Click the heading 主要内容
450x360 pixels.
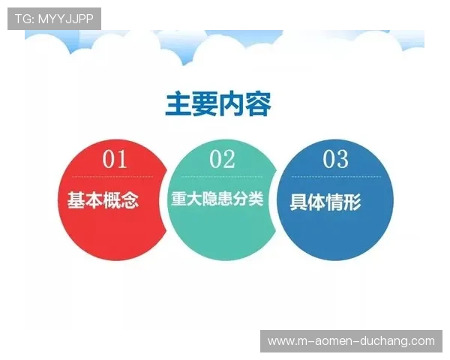pos(217,105)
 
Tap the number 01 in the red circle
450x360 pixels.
pos(115,159)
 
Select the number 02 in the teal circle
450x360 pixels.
pos(222,159)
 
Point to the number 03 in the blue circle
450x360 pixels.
pos(335,159)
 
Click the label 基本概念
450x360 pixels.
pos(103,200)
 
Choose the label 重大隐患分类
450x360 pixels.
pos(218,199)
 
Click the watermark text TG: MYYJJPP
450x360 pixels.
pos(54,18)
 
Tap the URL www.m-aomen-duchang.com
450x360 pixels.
pos(351,341)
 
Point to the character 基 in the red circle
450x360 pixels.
pos(76,200)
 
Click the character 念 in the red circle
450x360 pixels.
pos(130,200)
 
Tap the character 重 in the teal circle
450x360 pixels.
pos(178,199)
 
